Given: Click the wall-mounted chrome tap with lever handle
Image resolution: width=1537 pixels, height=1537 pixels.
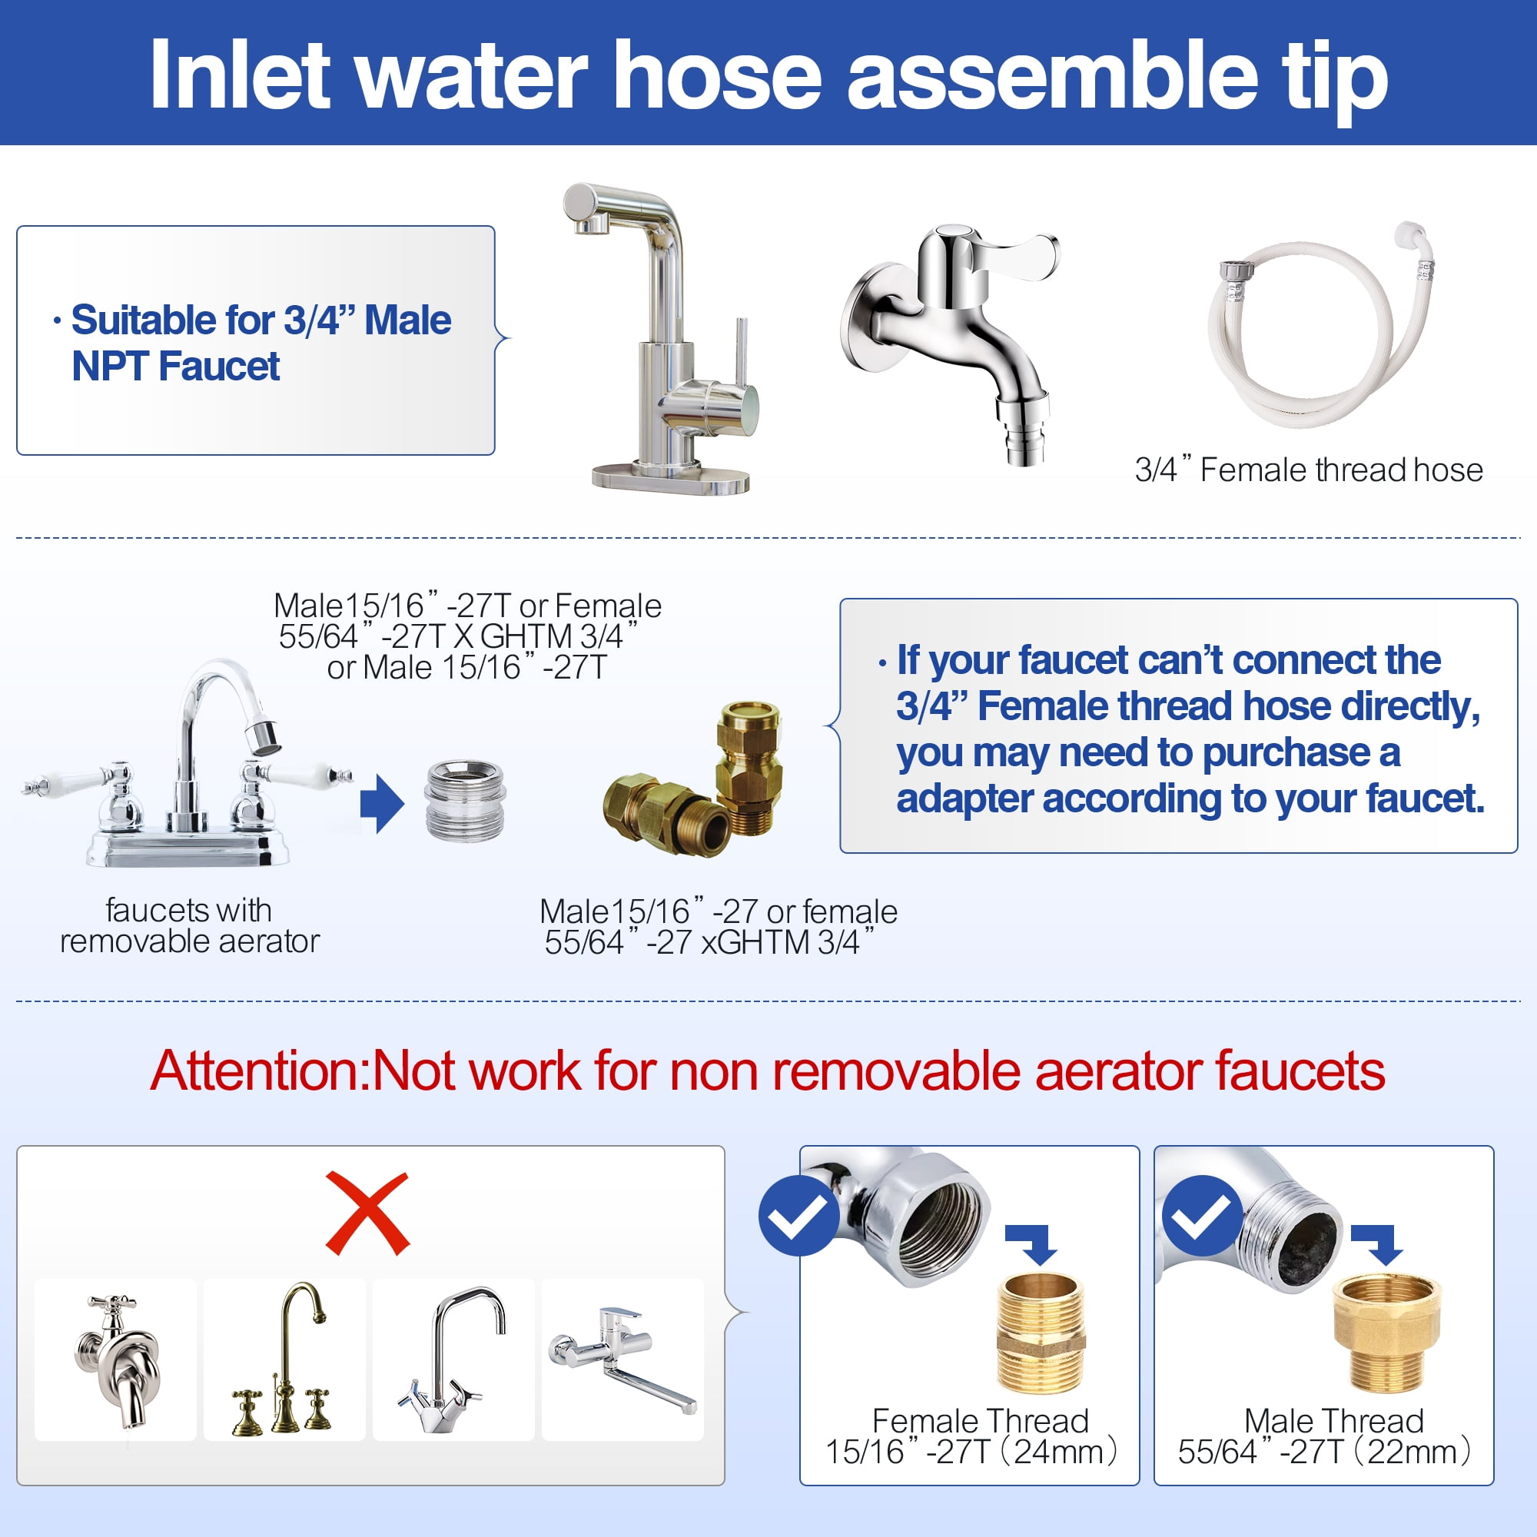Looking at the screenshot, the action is tap(951, 342).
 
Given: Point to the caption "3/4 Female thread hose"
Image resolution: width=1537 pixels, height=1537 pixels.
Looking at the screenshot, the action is tap(1309, 470).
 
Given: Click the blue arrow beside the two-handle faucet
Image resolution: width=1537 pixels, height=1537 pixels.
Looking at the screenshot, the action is tap(382, 805).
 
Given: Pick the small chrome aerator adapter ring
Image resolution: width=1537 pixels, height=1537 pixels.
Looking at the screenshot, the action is tap(466, 800).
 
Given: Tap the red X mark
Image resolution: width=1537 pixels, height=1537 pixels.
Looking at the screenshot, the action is tap(367, 1214).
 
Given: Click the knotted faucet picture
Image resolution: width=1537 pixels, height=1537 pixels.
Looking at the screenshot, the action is tap(116, 1361).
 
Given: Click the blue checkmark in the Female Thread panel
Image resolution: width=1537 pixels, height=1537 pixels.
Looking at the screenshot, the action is tap(798, 1216).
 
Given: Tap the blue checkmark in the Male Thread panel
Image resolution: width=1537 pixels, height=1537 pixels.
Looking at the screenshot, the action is tap(1202, 1216).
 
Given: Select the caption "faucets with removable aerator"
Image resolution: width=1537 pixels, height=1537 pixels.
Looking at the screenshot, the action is tap(189, 925).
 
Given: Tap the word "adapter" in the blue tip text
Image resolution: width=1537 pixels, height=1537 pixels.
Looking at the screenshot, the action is tap(965, 798).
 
